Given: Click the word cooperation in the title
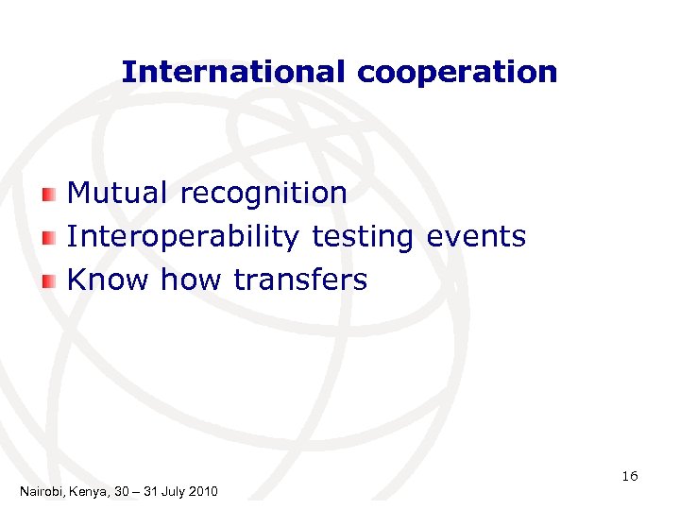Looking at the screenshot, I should click(457, 73).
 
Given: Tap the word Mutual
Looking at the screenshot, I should click(118, 193).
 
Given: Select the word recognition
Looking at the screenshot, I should click(263, 195).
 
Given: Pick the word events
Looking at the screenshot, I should click(476, 236).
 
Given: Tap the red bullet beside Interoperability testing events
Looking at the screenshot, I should click(50, 238).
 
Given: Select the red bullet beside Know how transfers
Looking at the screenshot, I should click(50, 280).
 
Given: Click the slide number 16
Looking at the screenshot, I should click(630, 476).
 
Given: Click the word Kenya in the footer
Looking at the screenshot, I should click(86, 491).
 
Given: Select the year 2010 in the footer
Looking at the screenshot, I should click(203, 491).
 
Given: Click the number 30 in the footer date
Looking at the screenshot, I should click(118, 491).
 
